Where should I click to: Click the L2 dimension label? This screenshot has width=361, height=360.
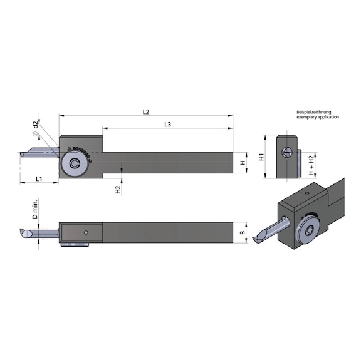(x=145, y=112)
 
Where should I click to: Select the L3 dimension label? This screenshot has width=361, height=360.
(x=167, y=125)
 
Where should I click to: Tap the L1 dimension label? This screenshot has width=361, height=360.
(x=38, y=178)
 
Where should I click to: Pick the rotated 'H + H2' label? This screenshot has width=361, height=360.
(x=312, y=164)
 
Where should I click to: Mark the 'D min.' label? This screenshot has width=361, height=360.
(x=36, y=210)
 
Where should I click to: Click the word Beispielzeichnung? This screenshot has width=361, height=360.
(x=317, y=113)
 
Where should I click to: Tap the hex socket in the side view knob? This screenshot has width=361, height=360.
(x=75, y=163)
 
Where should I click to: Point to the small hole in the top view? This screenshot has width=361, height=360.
(x=86, y=235)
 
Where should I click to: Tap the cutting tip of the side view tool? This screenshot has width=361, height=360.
(x=23, y=155)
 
